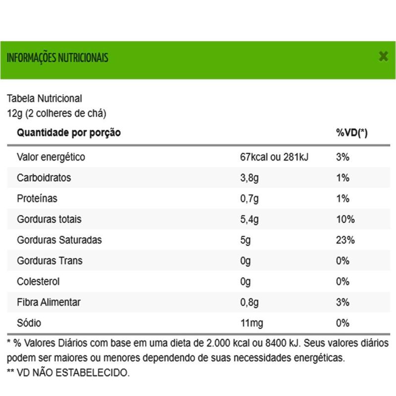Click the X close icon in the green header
(383, 56)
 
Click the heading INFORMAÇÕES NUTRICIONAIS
(57, 58)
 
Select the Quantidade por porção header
(69, 133)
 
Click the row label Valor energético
(51, 157)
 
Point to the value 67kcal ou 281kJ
(274, 157)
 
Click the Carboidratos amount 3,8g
(249, 178)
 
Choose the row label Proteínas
(37, 199)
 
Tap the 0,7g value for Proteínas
(249, 199)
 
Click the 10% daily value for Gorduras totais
(345, 220)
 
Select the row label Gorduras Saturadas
(59, 241)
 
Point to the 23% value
(345, 241)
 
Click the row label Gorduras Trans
(49, 261)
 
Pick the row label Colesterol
(38, 282)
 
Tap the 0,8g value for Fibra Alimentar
(249, 303)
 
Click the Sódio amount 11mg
(251, 324)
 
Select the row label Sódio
(29, 324)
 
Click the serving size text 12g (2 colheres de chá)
(56, 113)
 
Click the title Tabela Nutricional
(44, 99)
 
